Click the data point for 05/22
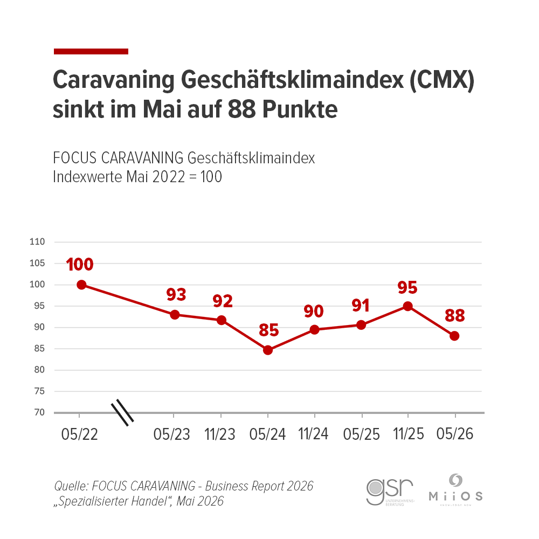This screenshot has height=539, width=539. (x=81, y=285)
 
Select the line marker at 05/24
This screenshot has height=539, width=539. (x=268, y=350)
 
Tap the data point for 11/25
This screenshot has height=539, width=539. (x=407, y=306)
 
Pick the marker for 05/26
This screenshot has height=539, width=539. (x=454, y=336)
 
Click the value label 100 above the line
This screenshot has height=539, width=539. (x=80, y=264)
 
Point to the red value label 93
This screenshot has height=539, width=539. (x=176, y=294)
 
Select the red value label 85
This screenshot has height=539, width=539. (x=268, y=329)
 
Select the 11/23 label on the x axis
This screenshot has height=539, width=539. (x=220, y=434)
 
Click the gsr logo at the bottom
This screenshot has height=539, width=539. (x=389, y=489)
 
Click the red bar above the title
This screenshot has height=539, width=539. (x=91, y=51)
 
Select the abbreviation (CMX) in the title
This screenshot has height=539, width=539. (x=440, y=81)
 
